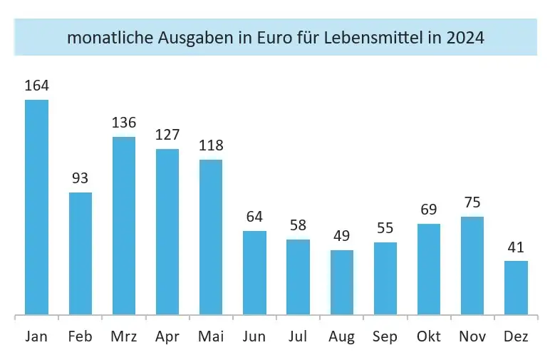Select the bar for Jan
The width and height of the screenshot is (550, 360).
click(x=36, y=207)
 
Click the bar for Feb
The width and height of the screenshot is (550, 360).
click(x=81, y=253)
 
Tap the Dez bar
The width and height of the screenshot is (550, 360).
click(x=516, y=287)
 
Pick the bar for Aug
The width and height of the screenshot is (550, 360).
click(x=342, y=282)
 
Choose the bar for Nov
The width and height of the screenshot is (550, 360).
click(x=472, y=265)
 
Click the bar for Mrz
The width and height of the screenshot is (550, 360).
click(x=124, y=225)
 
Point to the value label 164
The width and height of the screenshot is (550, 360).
click(x=36, y=86)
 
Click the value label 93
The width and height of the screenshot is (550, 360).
click(x=81, y=179)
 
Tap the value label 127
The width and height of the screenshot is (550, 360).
click(x=167, y=135)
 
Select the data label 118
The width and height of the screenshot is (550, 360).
click(x=211, y=146)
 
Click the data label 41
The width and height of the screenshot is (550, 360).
click(x=516, y=247)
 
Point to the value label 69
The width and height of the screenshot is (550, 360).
click(x=429, y=210)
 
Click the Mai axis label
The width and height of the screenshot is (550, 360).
click(x=211, y=336)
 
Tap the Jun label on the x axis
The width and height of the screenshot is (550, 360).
click(x=254, y=336)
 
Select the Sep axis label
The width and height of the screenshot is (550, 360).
click(x=385, y=336)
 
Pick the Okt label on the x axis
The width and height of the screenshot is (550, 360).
click(x=429, y=336)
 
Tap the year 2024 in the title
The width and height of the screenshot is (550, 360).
click(x=465, y=38)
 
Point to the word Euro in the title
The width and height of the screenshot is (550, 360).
click(x=266, y=38)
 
